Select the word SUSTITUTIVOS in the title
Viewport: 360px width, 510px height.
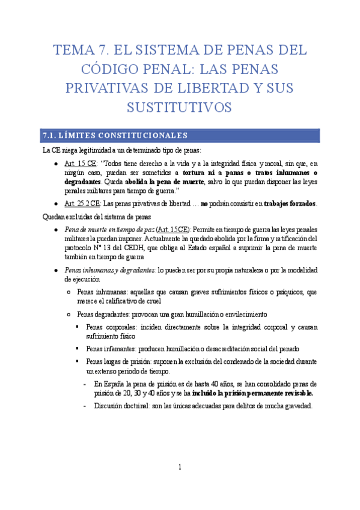(x=179, y=107)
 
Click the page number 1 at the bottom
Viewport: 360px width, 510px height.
(x=180, y=467)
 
